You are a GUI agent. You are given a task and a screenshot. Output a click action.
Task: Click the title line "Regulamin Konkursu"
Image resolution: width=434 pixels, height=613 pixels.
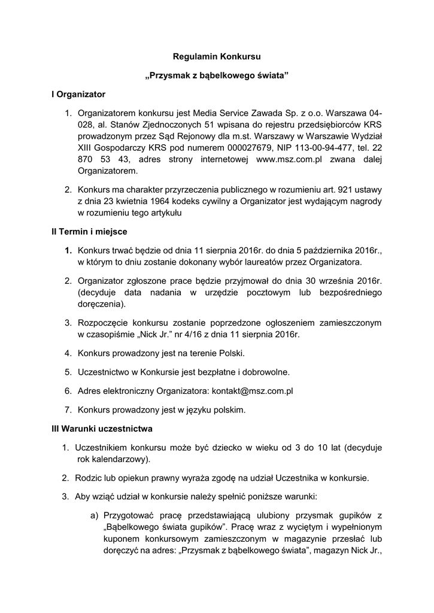point(217,57)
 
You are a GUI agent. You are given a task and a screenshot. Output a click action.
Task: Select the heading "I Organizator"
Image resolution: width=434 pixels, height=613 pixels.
point(78,94)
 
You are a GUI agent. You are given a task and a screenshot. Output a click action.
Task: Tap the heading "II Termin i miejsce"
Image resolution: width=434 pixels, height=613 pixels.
point(89,231)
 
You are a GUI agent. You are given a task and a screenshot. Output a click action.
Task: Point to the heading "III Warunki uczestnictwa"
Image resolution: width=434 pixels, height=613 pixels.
point(102,429)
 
